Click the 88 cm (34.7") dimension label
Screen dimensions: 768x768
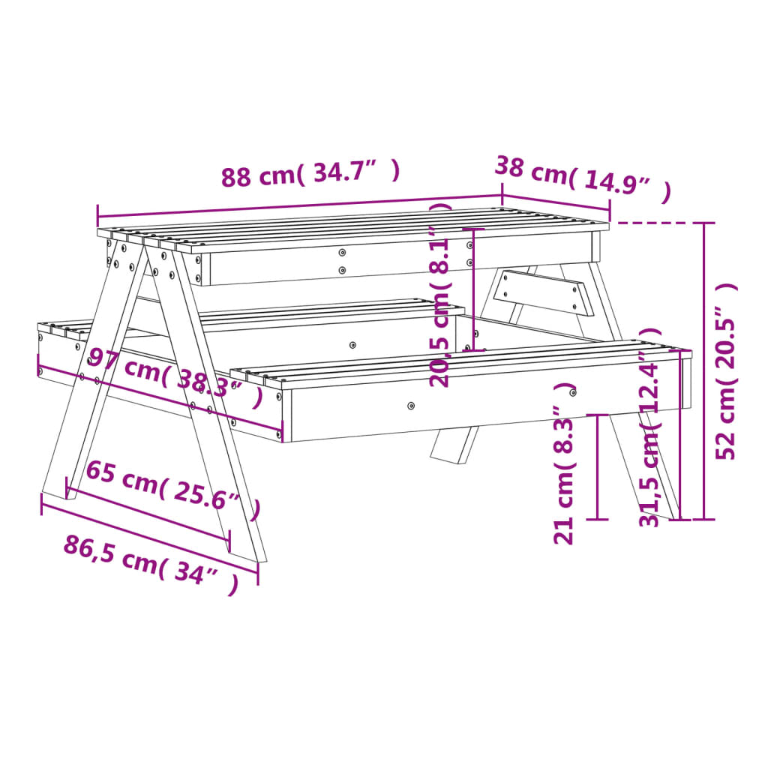click(310, 175)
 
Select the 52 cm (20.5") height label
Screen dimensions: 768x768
click(726, 372)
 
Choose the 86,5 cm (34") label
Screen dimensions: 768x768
click(151, 563)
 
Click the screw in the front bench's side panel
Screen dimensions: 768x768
click(410, 406)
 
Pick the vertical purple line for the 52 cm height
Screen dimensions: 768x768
click(703, 370)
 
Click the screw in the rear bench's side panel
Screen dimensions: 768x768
click(352, 345)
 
